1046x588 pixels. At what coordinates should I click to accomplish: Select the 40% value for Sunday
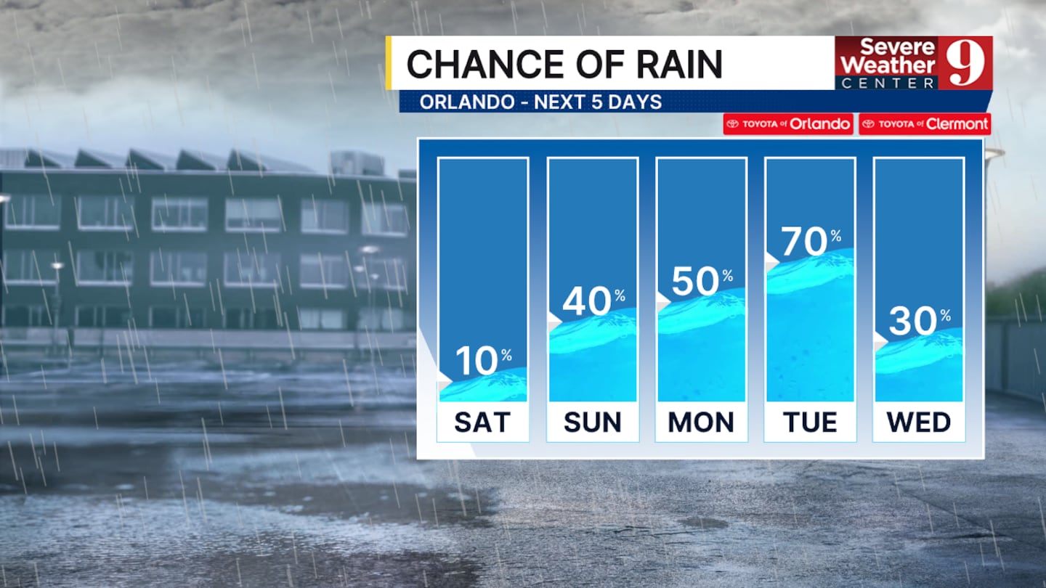tap(593, 302)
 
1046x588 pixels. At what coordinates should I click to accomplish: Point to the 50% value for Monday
tap(701, 282)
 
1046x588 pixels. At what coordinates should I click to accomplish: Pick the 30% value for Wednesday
tap(919, 322)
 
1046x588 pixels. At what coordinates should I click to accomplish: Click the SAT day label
tap(482, 422)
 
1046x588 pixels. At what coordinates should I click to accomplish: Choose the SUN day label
tap(592, 422)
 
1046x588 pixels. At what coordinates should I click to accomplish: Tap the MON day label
tap(701, 422)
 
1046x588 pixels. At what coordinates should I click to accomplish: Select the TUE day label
tap(809, 422)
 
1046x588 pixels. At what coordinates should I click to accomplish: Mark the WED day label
tap(919, 422)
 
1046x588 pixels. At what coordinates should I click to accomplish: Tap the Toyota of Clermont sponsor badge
tap(925, 124)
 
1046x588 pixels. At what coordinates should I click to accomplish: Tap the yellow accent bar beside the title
tap(389, 63)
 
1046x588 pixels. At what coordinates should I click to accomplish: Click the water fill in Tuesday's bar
tap(810, 334)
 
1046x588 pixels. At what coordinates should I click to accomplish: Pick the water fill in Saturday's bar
tap(483, 389)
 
